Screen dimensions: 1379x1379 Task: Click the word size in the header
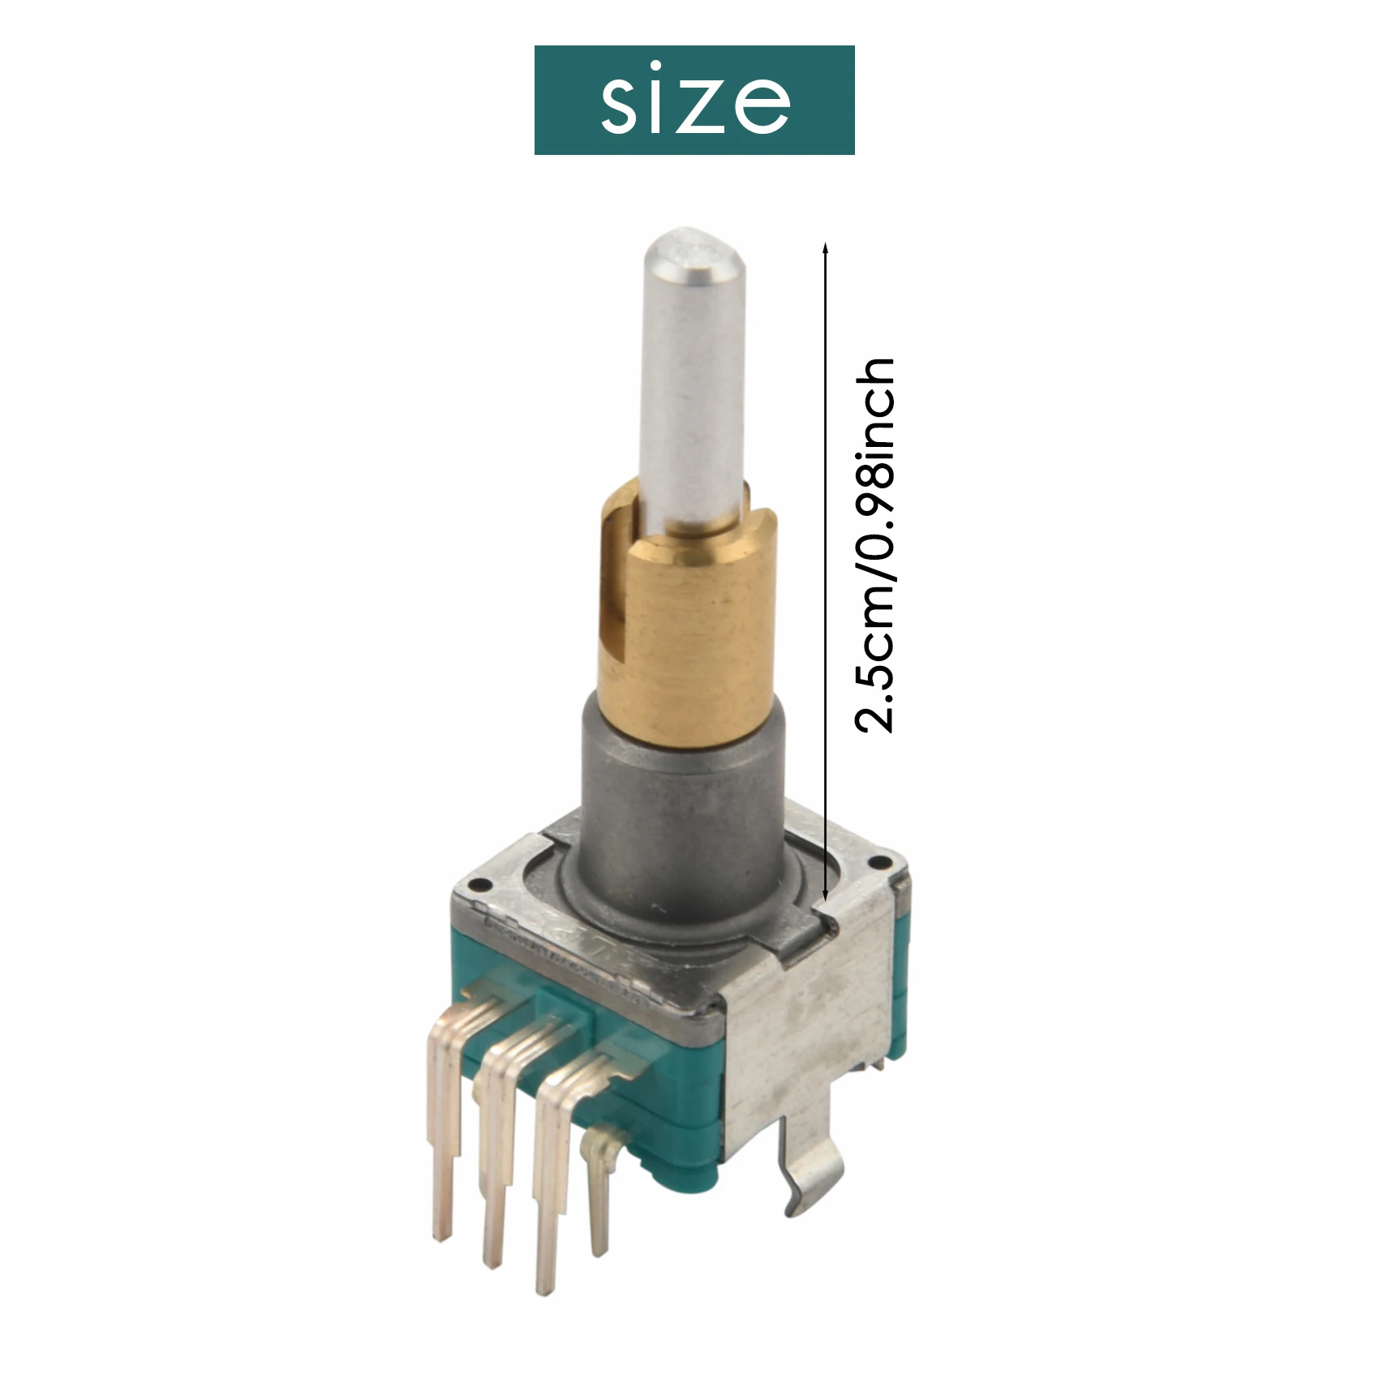694,101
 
